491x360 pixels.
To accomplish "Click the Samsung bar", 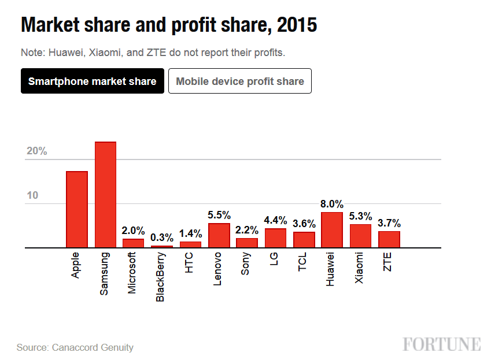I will (105, 195).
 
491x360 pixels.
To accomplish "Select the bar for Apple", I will (77, 209).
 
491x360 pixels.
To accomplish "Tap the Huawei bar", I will (332, 230).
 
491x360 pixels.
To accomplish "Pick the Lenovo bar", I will (219, 235).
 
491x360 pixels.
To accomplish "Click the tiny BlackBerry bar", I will (162, 246).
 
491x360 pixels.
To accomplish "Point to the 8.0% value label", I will (332, 205).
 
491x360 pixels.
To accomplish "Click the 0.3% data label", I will (162, 237).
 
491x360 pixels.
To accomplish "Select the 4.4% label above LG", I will (275, 220).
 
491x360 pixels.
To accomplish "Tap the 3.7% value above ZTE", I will (389, 223).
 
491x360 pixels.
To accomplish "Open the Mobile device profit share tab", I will (240, 81).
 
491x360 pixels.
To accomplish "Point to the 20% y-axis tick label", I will (36, 151).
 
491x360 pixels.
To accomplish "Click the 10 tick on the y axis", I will (32, 195).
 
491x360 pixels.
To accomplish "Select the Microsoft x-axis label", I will (133, 273).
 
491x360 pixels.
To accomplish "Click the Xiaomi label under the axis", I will (360, 268).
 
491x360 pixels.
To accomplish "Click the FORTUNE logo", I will (442, 344).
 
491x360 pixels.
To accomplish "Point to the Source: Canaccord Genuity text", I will (75, 347).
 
